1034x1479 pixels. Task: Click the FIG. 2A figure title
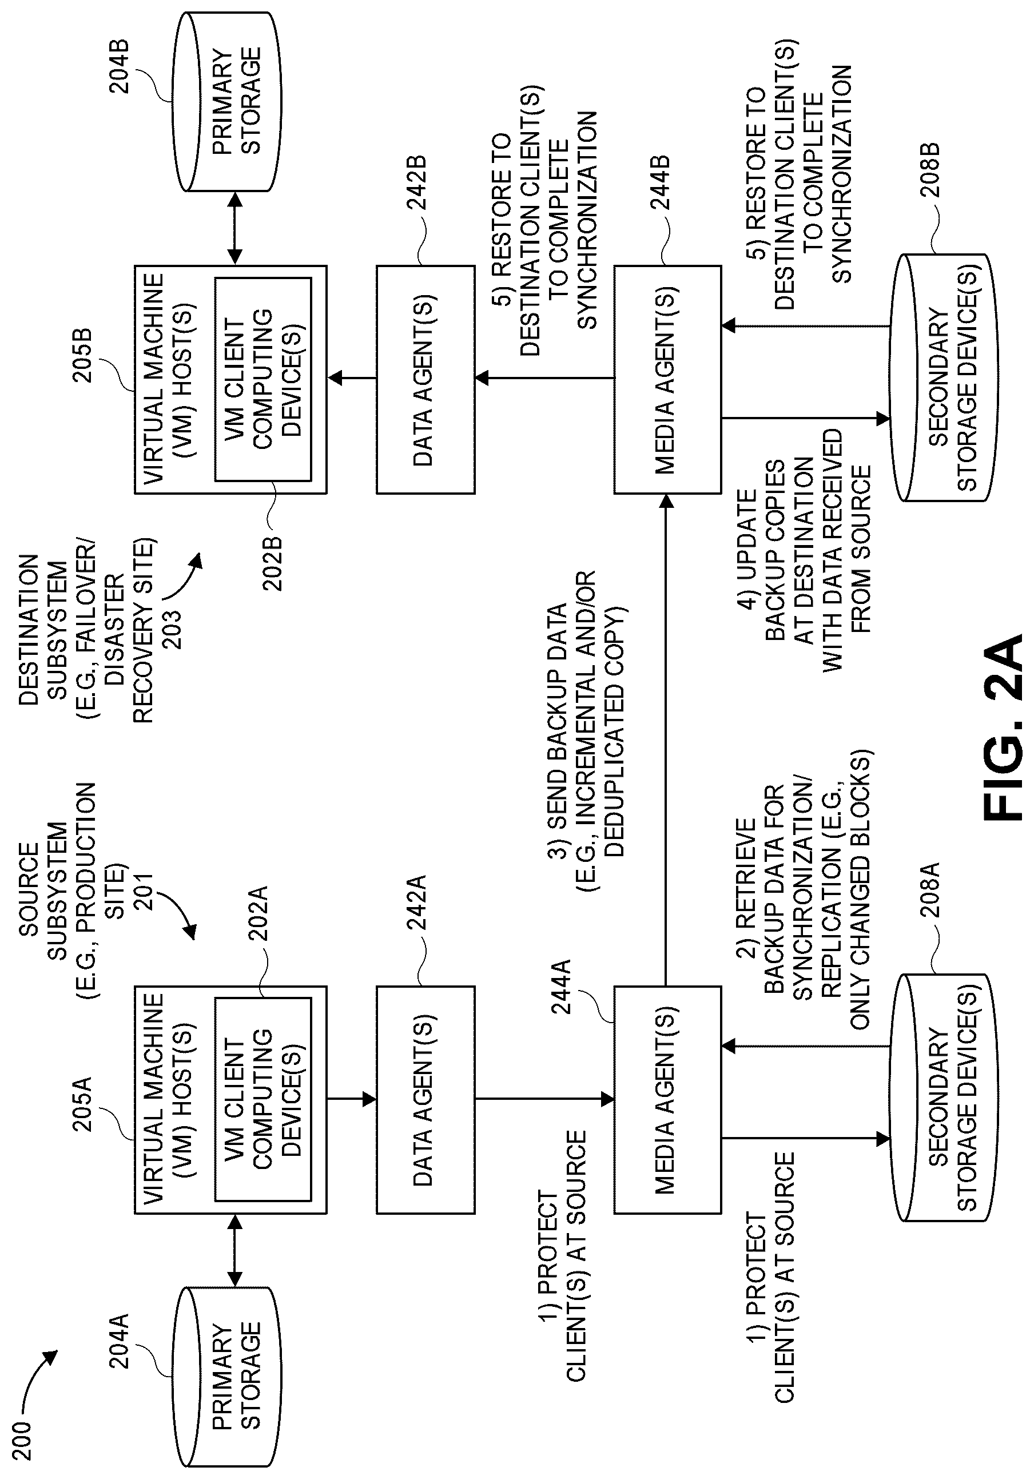(x=1003, y=727)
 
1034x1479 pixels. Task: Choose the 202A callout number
(x=259, y=913)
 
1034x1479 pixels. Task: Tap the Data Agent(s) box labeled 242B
(x=426, y=379)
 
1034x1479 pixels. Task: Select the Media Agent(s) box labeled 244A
(x=667, y=1100)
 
